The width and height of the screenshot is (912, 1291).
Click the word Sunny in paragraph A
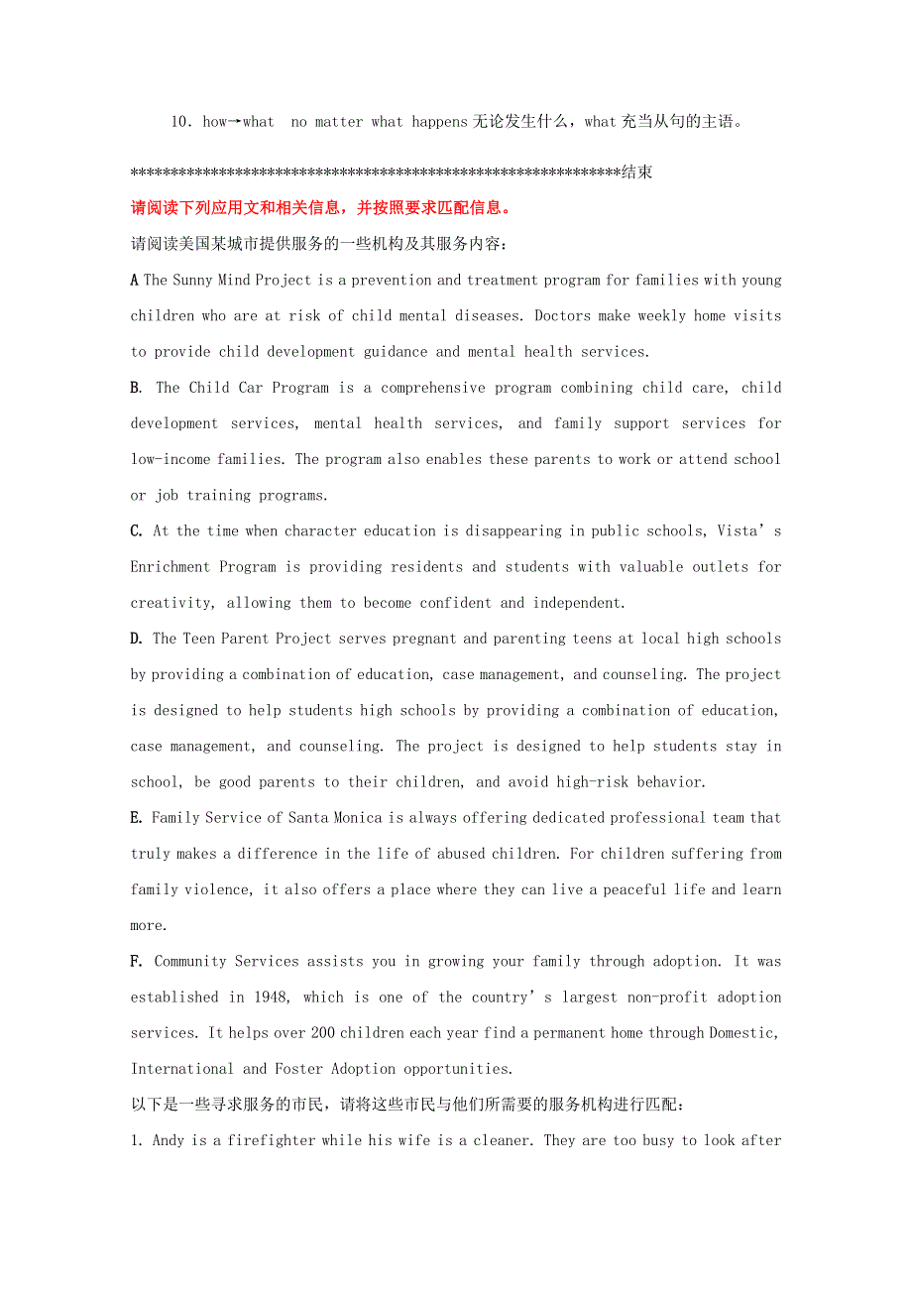192,280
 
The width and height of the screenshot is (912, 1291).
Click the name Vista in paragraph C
738,530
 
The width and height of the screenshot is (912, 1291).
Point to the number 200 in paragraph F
322,1032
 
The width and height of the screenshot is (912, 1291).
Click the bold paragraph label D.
137,639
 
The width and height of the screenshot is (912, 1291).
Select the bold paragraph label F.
137,961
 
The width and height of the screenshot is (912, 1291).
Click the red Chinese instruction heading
322,208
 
